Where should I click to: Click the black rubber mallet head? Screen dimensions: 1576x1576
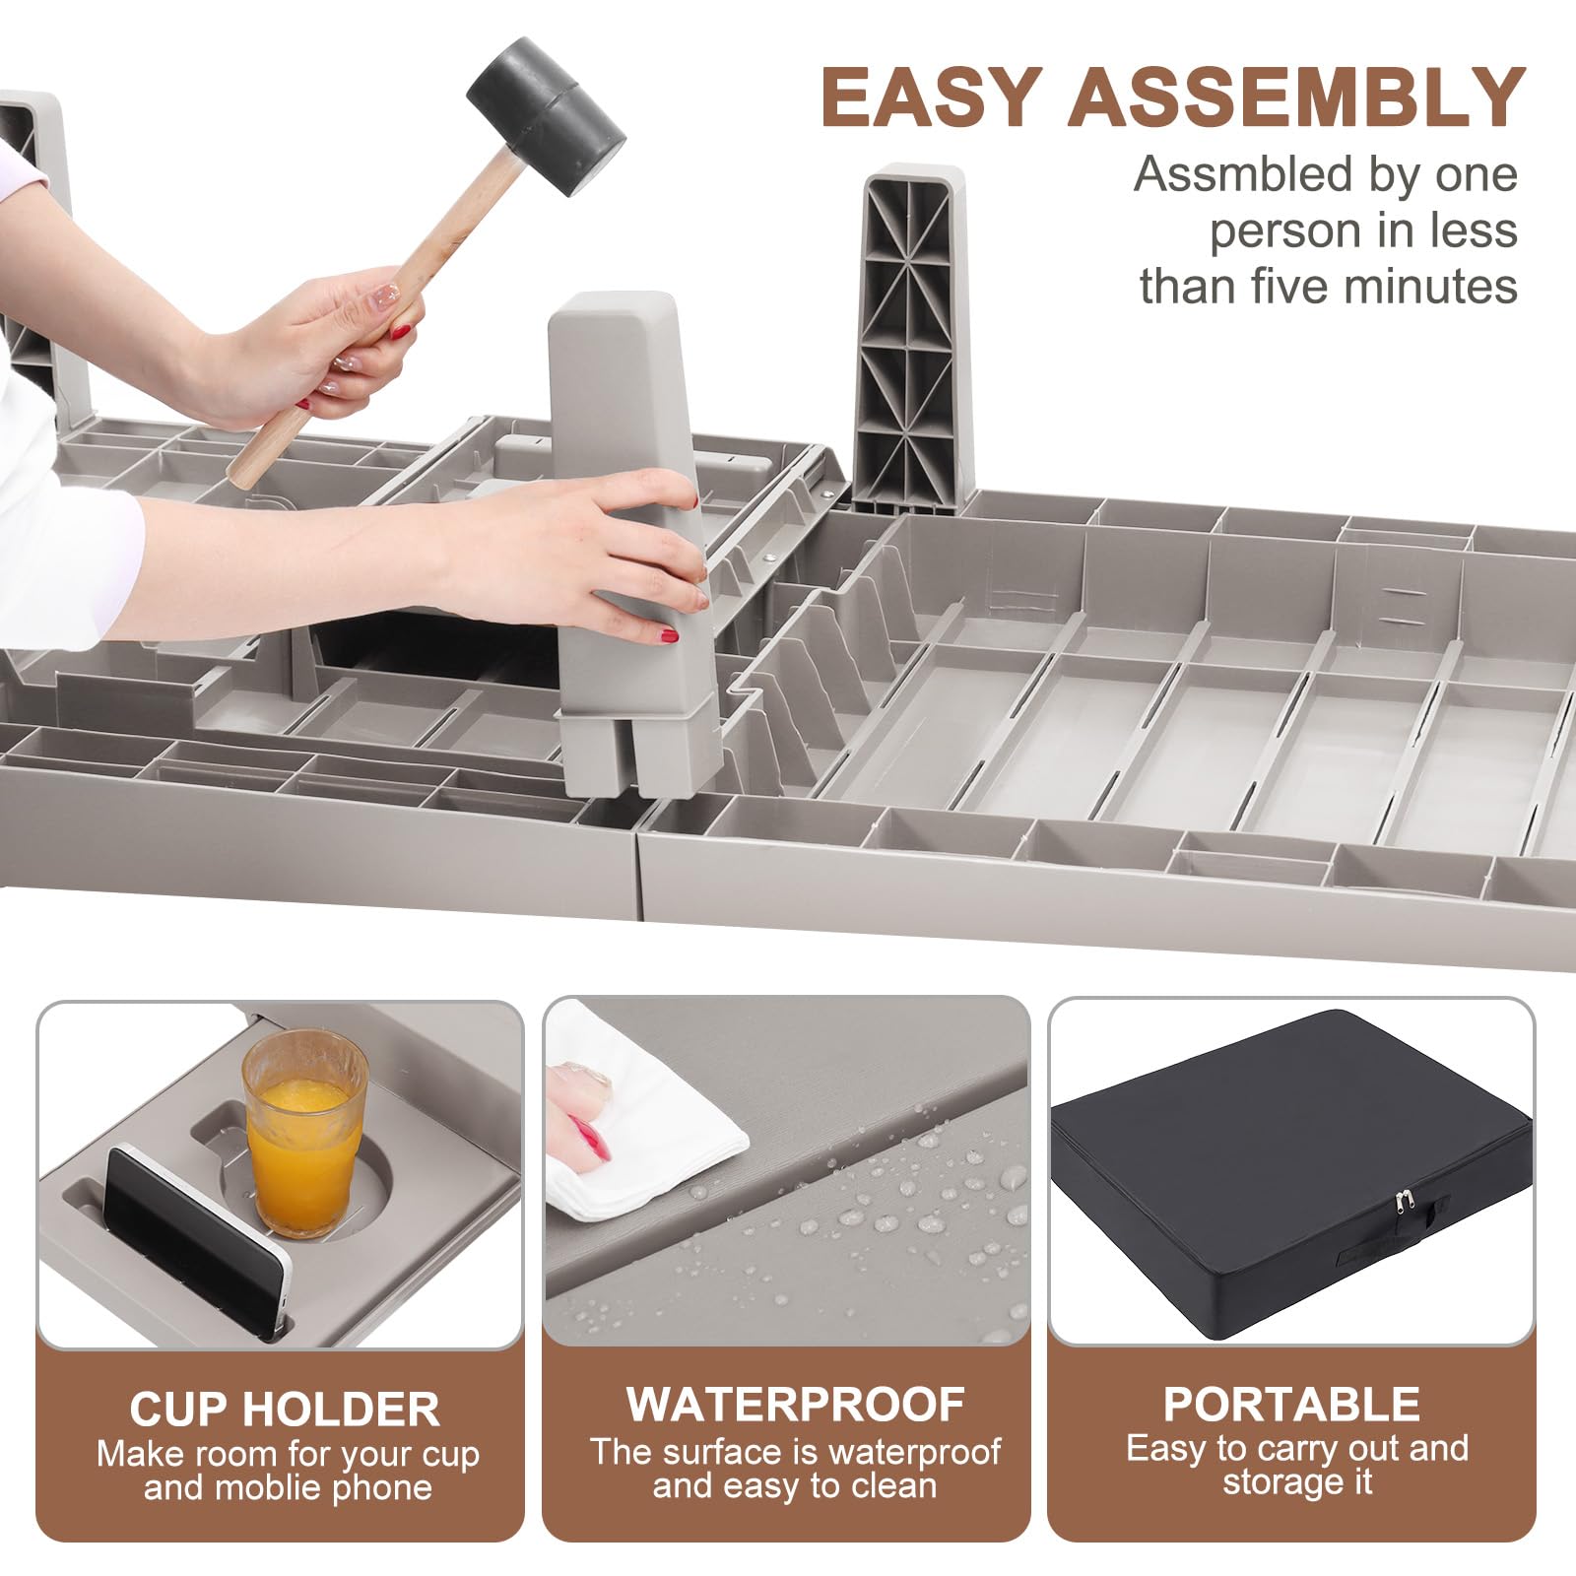tap(546, 116)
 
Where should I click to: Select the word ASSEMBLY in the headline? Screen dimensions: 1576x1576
tap(1296, 98)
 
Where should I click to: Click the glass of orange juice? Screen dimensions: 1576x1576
tap(305, 1132)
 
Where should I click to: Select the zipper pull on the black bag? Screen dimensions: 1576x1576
tap(1399, 1208)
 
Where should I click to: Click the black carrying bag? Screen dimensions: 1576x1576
tap(1291, 1172)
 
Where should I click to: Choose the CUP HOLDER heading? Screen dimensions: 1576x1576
tap(285, 1410)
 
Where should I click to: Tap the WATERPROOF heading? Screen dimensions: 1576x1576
tap(796, 1405)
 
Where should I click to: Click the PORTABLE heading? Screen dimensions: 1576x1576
tap(1291, 1405)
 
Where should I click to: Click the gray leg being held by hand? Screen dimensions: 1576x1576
tap(631, 542)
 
